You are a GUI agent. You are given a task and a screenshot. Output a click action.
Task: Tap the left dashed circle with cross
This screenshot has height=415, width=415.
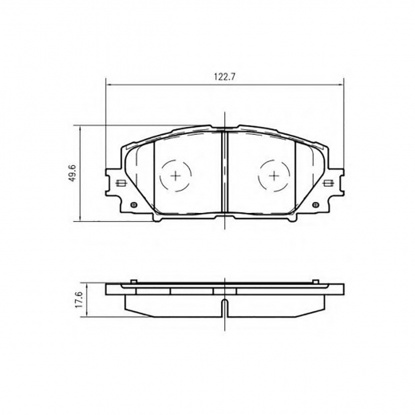coord(176,176)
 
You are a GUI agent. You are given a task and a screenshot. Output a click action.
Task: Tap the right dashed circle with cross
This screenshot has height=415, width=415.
coord(274,176)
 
